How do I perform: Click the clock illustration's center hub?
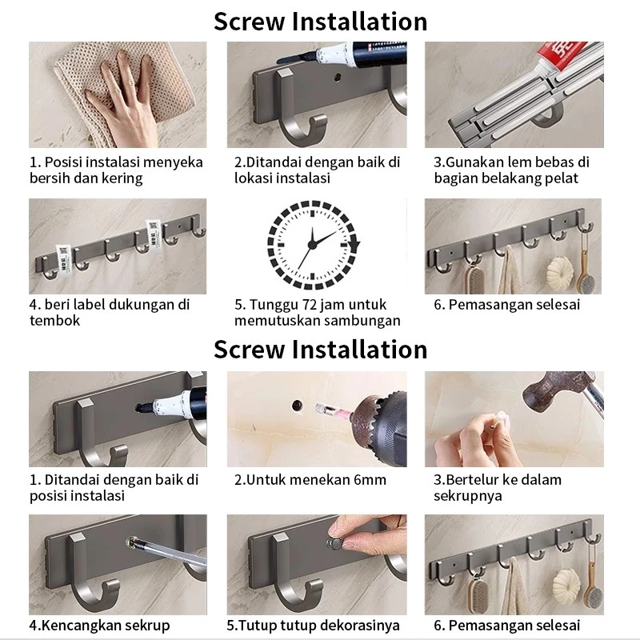(312, 245)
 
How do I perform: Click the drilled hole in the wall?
(297, 406)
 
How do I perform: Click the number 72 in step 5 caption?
(310, 305)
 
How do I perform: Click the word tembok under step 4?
(54, 321)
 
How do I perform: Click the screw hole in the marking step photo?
(338, 77)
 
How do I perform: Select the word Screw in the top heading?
(250, 22)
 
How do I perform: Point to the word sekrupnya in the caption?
(468, 496)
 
